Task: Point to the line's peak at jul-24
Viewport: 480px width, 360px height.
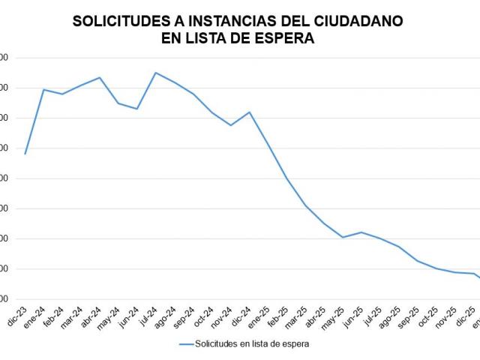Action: [156, 73]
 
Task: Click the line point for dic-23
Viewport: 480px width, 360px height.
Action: [25, 154]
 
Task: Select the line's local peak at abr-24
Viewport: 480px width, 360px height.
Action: [100, 77]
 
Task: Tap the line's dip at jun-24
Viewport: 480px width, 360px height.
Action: [137, 109]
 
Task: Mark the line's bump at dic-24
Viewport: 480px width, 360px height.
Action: [249, 112]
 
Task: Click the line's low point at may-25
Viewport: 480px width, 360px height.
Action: [343, 237]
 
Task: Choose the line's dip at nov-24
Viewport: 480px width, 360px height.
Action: [230, 125]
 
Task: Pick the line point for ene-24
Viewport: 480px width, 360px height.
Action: [43, 89]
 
